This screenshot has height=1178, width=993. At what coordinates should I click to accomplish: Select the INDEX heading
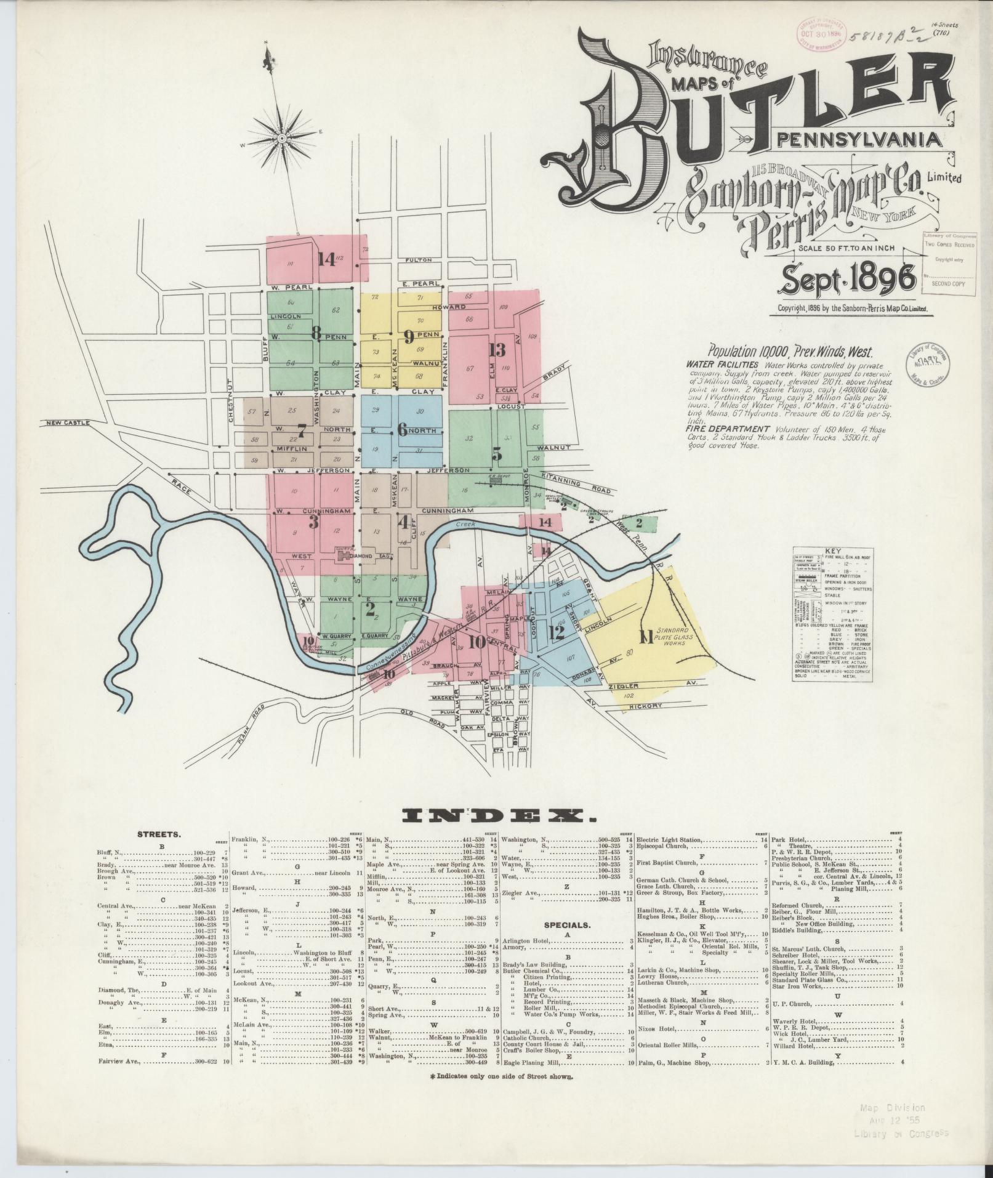point(499,817)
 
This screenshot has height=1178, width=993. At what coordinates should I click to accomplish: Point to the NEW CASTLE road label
point(68,423)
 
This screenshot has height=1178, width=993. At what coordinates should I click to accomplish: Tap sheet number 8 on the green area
point(316,333)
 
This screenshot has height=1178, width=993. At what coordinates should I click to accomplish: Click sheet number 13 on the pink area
point(497,350)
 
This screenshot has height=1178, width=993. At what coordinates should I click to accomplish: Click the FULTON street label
point(419,260)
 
